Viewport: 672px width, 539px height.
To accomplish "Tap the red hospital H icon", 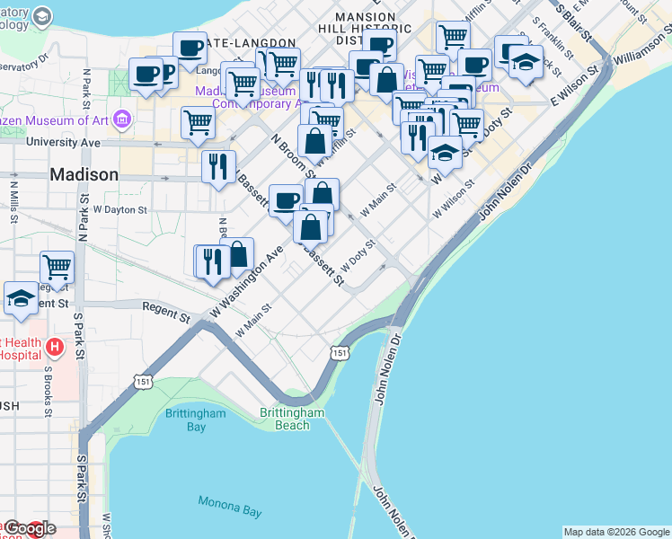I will point(55,347).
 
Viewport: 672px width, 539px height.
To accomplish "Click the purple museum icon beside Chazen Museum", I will point(123,118).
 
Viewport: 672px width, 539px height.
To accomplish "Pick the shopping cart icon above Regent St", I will point(57,267).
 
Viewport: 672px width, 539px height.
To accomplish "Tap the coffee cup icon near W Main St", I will point(286,200).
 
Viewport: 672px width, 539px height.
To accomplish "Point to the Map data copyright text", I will point(615,532).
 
